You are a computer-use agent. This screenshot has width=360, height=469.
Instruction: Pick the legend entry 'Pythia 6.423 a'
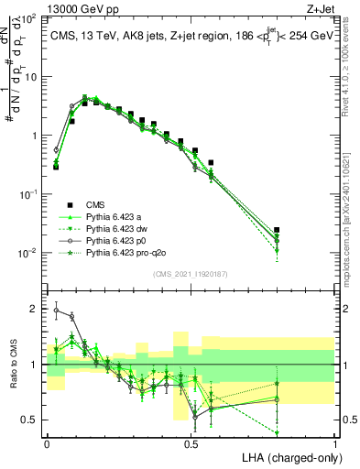tap(116, 216)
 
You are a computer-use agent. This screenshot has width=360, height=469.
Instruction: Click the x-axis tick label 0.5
tap(191, 442)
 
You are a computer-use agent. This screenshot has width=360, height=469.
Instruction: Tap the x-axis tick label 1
tap(335, 442)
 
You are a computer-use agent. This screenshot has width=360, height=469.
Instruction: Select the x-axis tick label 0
tap(47, 442)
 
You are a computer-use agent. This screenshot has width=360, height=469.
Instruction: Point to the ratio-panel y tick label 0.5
tap(31, 420)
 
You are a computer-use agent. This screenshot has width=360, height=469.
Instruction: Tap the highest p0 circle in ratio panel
tap(56, 311)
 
